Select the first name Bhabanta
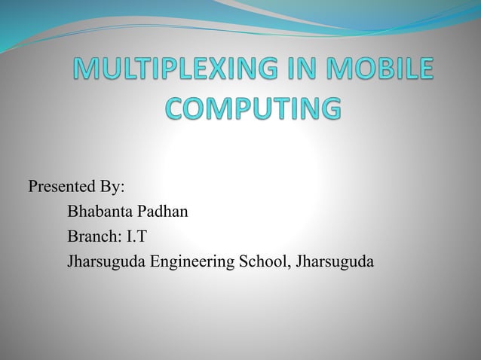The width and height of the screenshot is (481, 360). (100, 212)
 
